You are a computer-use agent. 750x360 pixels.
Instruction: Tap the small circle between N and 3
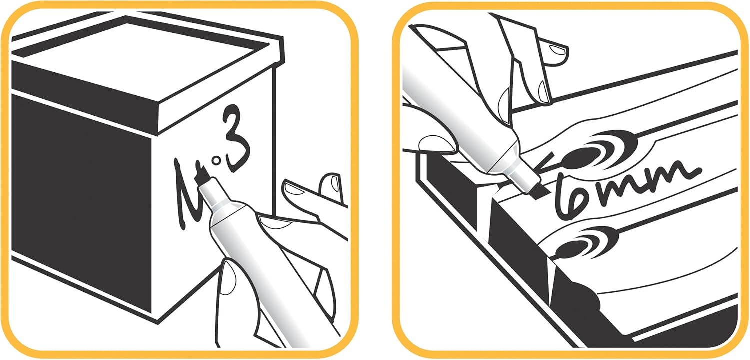click(x=217, y=161)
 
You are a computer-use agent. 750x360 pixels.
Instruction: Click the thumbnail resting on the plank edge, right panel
click(x=436, y=144)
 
